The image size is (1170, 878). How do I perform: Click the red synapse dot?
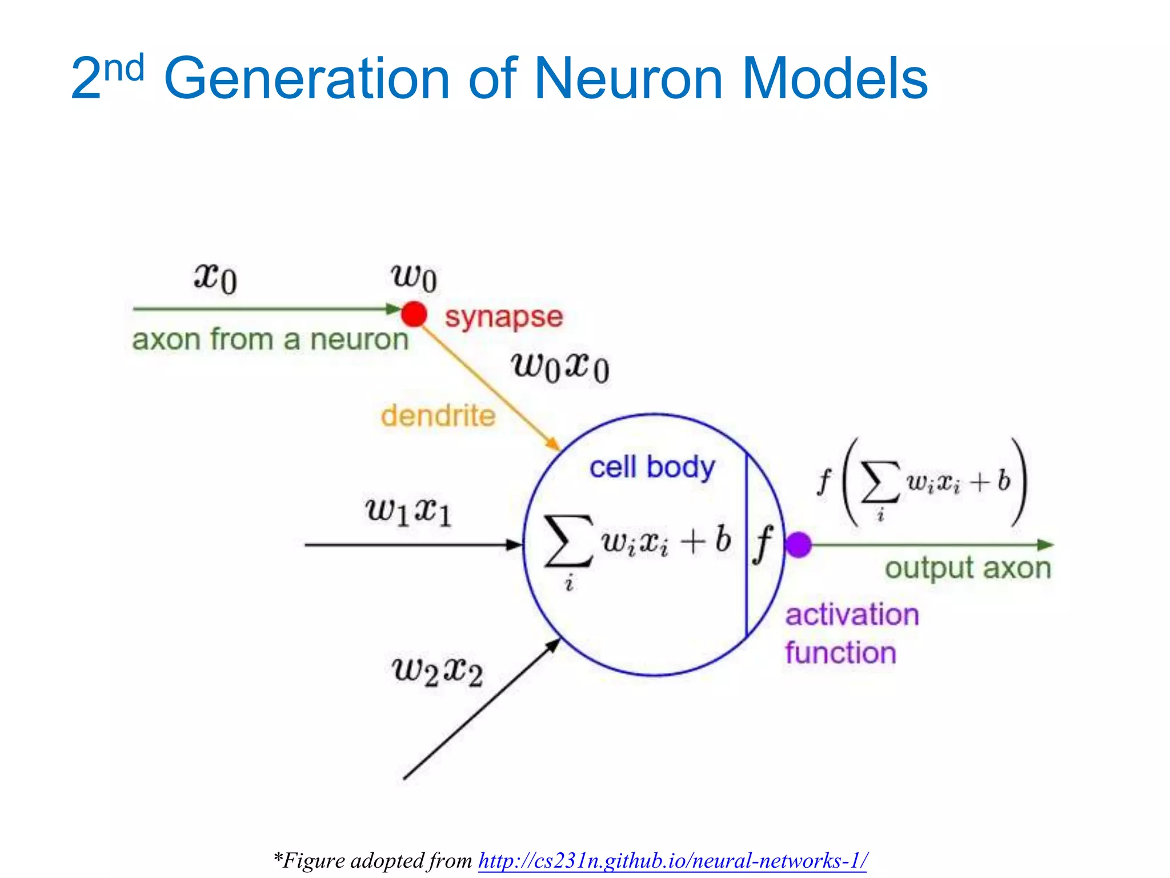pos(414,314)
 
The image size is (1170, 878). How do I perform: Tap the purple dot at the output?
pos(798,544)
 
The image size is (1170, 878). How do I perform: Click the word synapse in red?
pos(504,317)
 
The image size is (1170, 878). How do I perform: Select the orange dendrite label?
pos(438,416)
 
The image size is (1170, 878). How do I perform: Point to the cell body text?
pos(652,468)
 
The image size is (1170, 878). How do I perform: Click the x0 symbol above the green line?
pos(215,278)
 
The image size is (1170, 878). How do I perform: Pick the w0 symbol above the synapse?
pos(414,278)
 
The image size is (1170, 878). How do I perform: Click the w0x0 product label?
pos(560,367)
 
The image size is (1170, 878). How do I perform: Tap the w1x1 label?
pos(408,510)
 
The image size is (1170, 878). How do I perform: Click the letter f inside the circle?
pos(763,544)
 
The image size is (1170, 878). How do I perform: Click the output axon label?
pos(968,569)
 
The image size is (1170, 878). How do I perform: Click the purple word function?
pos(840,653)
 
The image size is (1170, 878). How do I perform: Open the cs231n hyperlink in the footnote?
pos(672,860)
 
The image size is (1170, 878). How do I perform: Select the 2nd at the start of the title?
pos(107,77)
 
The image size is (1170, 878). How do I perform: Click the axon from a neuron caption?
pos(270,340)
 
